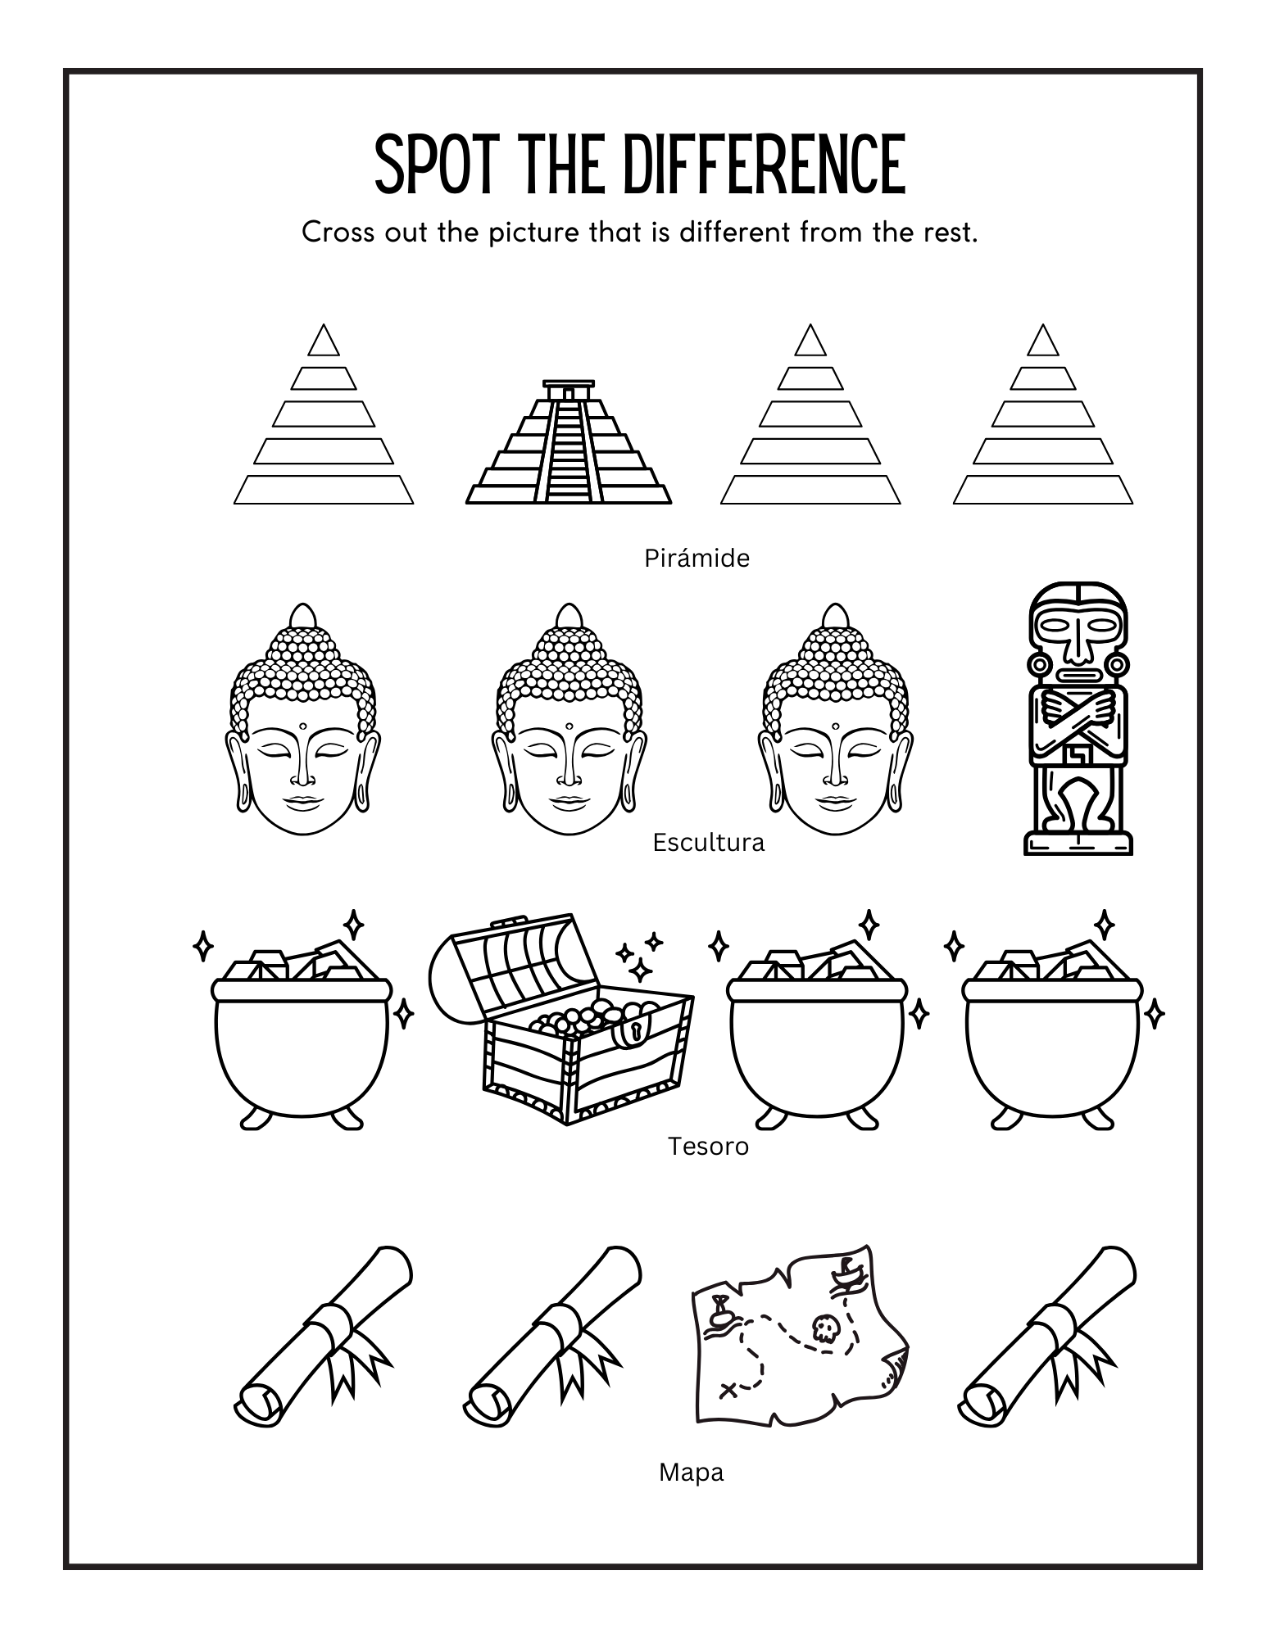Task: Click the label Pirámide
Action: [697, 559]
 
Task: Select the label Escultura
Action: [708, 843]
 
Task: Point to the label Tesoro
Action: [708, 1146]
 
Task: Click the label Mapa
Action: [691, 1473]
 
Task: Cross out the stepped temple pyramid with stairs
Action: [569, 446]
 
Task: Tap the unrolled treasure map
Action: [799, 1343]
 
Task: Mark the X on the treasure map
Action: [728, 1389]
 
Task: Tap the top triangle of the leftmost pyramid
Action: [324, 343]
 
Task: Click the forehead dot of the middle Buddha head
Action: [568, 725]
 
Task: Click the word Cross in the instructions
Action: [336, 233]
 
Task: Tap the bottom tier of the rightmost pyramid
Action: [1042, 490]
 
